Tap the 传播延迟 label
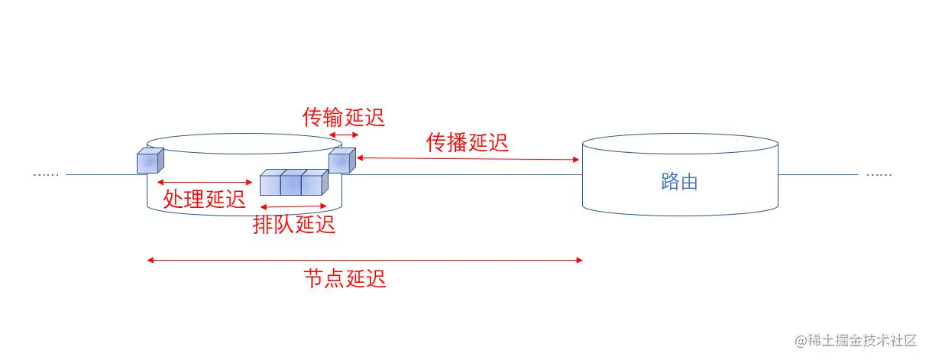tap(467, 142)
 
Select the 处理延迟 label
tap(204, 199)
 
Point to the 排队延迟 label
tap(294, 224)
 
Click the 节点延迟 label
tap(345, 278)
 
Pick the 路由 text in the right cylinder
tap(679, 183)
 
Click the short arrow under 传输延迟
tap(344, 135)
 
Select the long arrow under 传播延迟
tap(467, 158)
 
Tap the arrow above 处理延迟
tap(204, 182)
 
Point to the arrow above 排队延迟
tap(294, 207)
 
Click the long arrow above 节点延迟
tap(365, 261)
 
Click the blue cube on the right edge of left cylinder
tap(341, 161)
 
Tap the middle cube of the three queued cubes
tap(291, 183)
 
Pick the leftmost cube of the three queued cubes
tap(270, 183)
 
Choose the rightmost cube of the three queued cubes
tap(312, 183)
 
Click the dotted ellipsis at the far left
tap(46, 175)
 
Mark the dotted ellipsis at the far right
tap(879, 175)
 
